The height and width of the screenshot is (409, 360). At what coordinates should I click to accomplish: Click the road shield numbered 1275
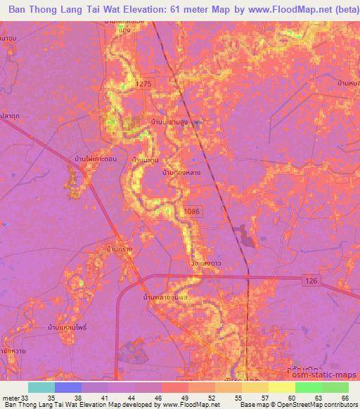(144, 84)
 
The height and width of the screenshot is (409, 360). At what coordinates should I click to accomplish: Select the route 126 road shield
(312, 280)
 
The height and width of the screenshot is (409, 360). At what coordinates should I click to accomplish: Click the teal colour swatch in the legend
(41, 387)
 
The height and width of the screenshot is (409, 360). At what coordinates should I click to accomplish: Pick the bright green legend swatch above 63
(308, 387)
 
